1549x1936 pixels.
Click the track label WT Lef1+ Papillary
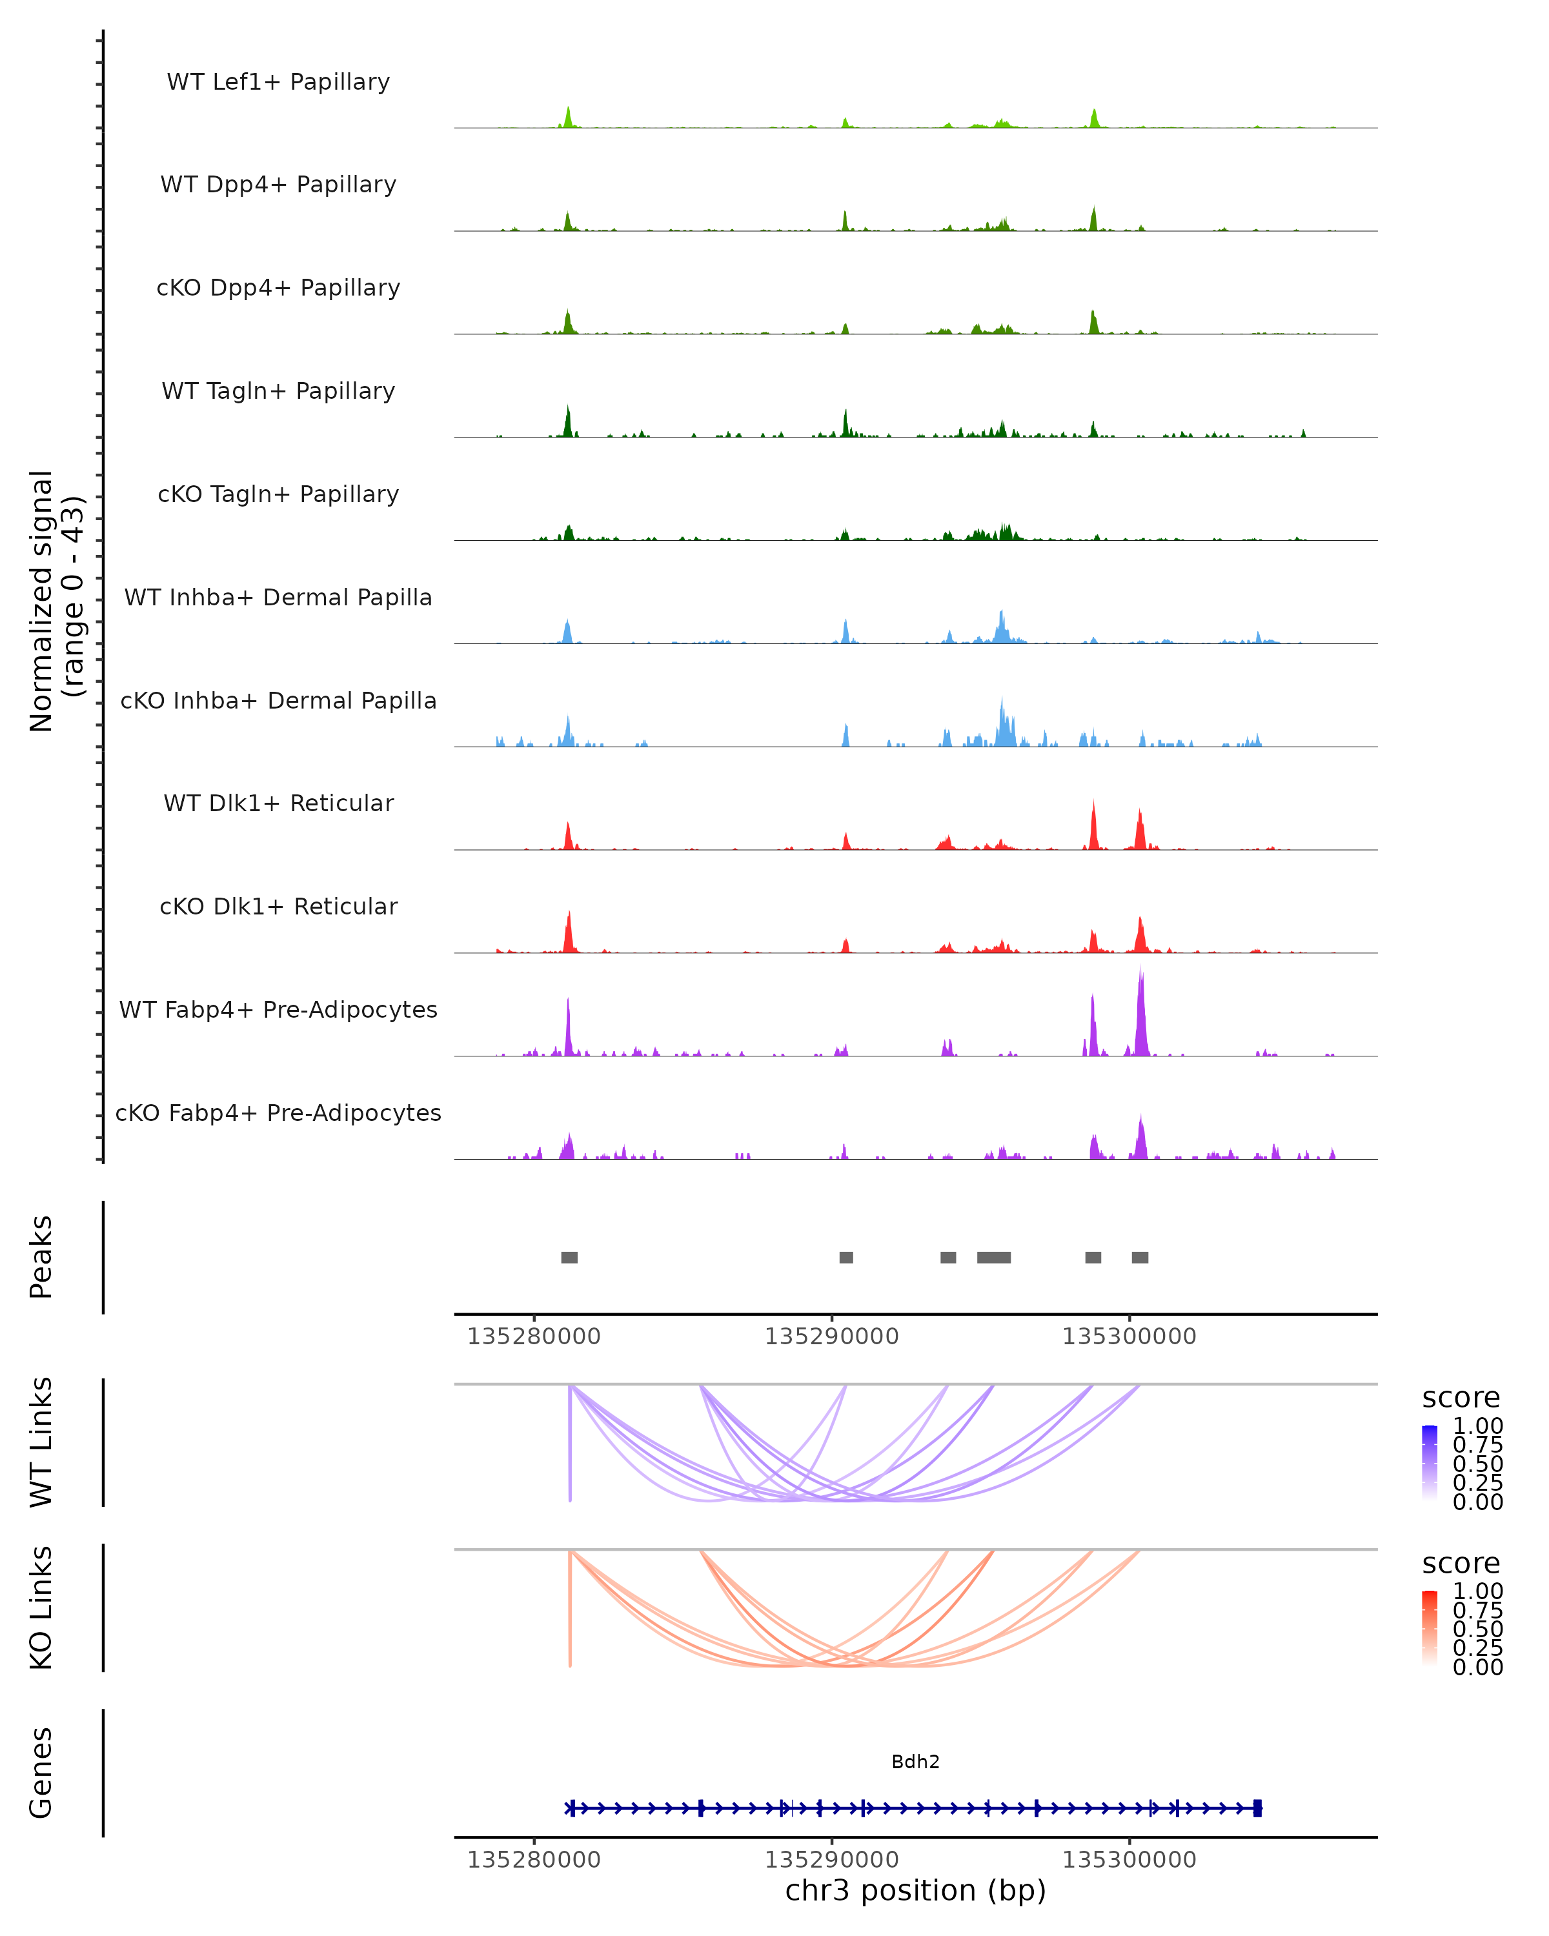278,82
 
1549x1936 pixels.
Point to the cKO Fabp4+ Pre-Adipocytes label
278,1113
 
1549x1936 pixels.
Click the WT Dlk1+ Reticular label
278,803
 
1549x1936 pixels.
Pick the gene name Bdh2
915,1762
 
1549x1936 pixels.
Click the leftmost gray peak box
569,1257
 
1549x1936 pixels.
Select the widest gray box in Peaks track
994,1257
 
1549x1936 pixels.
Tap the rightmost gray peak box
1140,1257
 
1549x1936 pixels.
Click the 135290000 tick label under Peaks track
831,1337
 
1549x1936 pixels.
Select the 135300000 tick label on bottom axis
1129,1860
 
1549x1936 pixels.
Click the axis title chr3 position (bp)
915,1890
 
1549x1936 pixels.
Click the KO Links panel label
41,1608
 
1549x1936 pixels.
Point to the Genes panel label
41,1773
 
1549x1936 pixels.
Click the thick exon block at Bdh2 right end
1257,1808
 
